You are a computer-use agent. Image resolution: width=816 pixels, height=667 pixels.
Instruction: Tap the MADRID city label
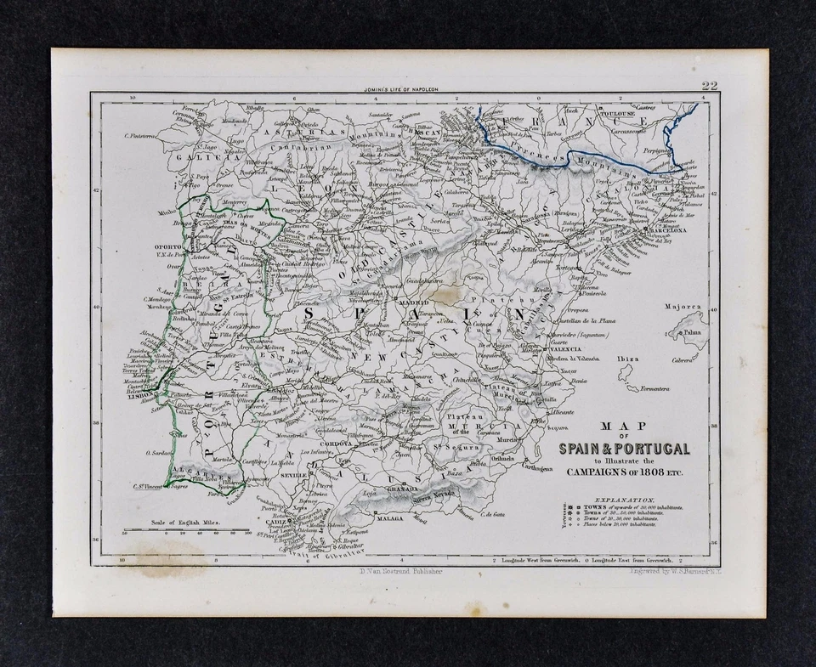tap(416, 302)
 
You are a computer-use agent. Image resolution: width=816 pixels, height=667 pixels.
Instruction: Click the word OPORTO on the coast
tap(170, 248)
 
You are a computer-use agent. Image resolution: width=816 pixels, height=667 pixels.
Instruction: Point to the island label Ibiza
tap(628, 359)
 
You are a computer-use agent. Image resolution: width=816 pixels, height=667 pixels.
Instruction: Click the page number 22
tap(710, 85)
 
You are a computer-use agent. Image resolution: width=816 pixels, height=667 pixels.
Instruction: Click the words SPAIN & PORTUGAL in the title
tap(624, 449)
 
